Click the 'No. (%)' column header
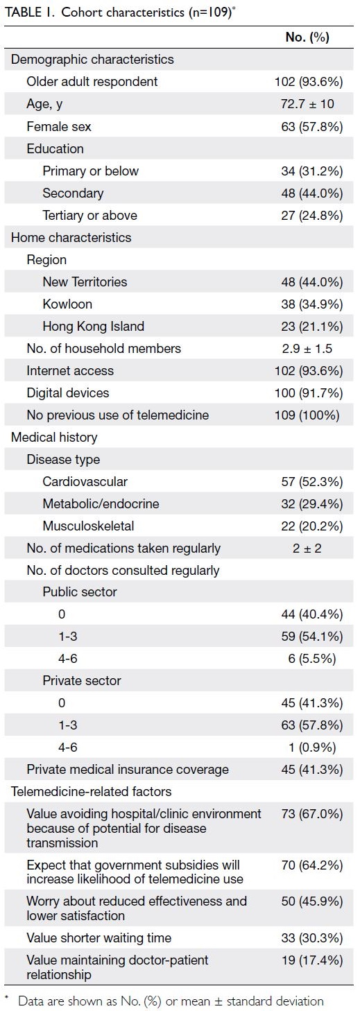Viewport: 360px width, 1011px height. pyautogui.click(x=307, y=37)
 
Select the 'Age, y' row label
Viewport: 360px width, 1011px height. pyautogui.click(x=44, y=104)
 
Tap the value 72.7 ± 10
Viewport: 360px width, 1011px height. pyautogui.click(x=307, y=104)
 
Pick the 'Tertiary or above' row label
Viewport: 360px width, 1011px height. pyautogui.click(x=89, y=215)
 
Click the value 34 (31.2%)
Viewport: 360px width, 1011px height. pyautogui.click(x=311, y=171)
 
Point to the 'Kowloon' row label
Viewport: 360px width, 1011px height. pyautogui.click(x=67, y=304)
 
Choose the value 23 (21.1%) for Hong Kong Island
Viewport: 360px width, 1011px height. pyautogui.click(x=311, y=327)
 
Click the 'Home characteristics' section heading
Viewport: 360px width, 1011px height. pyautogui.click(x=71, y=237)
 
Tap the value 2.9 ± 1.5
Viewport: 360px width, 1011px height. pyautogui.click(x=307, y=348)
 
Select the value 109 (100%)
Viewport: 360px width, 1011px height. pyautogui.click(x=307, y=415)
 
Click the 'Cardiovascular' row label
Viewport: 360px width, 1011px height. pyautogui.click(x=85, y=482)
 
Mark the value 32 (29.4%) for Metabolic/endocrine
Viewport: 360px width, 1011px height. pyautogui.click(x=311, y=503)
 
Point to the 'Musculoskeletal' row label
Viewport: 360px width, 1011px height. pyautogui.click(x=88, y=526)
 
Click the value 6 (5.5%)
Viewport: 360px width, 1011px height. pyautogui.click(x=311, y=659)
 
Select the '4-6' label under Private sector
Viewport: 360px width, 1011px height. pyautogui.click(x=68, y=747)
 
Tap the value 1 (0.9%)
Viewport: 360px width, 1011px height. pyautogui.click(x=312, y=748)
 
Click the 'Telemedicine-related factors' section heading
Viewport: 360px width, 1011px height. pyautogui.click(x=92, y=791)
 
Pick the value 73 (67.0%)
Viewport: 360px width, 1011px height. pyautogui.click(x=311, y=814)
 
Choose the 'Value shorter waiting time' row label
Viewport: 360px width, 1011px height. pyautogui.click(x=99, y=938)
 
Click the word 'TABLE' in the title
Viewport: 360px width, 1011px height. pyautogui.click(x=22, y=12)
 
